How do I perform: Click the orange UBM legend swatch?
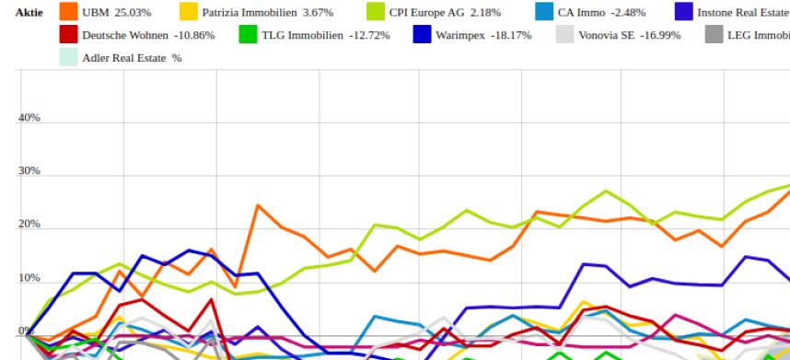[68, 12]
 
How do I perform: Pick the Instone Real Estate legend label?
[742, 13]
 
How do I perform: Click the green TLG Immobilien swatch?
[248, 35]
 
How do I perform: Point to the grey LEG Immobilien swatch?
[714, 35]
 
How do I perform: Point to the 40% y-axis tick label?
[29, 118]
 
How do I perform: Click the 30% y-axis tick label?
[29, 171]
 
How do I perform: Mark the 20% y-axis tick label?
[29, 225]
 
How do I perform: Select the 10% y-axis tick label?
[29, 279]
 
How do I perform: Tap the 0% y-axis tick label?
[25, 331]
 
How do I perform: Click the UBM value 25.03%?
[132, 13]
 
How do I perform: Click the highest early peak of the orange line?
[258, 205]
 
